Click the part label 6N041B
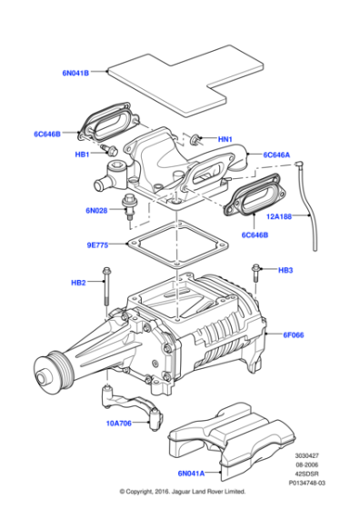75,72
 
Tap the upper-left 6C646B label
46,135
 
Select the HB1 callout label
82,155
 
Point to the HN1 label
225,139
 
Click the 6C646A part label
277,155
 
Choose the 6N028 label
97,210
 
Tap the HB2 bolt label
78,283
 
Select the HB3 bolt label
285,270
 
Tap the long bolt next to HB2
108,287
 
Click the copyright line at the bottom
181,492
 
